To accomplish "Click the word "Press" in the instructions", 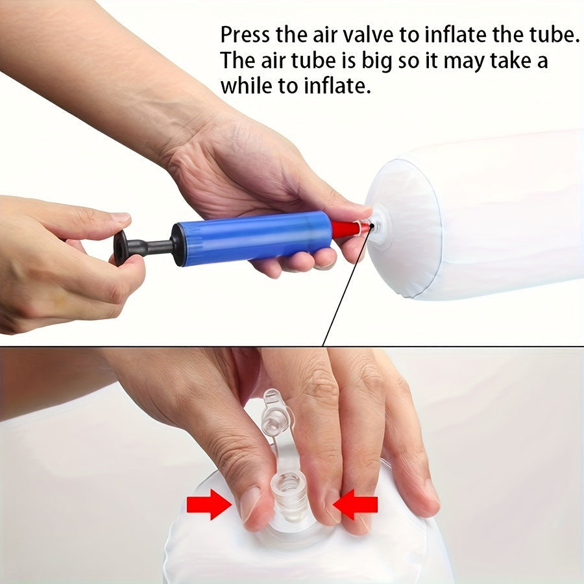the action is pos(245,34).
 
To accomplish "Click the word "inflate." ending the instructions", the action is pos(337,86).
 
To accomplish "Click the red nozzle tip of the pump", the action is pos(350,228).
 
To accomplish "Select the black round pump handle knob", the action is pos(121,247).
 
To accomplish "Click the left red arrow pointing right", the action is pos(209,504).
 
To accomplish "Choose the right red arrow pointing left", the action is pos(356,504).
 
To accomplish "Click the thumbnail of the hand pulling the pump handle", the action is pos(121,217).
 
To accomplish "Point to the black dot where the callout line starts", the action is pos(371,225).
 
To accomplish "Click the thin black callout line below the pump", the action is pos(347,286).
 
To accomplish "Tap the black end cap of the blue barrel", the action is pos(178,245).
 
